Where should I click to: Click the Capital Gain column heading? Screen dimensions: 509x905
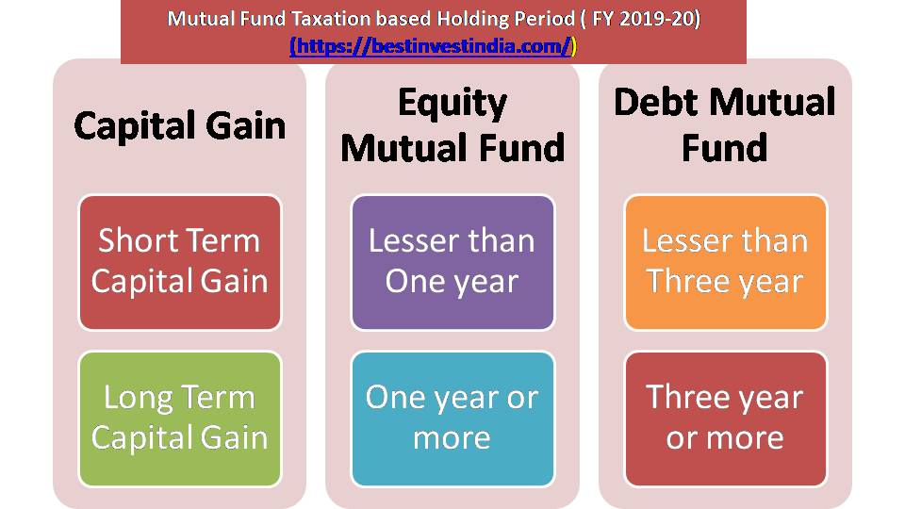[x=179, y=125]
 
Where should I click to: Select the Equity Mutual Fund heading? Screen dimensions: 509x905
[x=452, y=125]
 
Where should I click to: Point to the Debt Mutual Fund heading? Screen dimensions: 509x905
[x=724, y=125]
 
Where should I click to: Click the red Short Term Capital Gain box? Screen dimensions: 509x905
[x=179, y=262]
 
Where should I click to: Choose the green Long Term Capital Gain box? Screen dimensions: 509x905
[x=179, y=418]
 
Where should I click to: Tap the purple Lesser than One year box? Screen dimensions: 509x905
[x=452, y=262]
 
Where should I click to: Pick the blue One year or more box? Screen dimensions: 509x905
[x=452, y=418]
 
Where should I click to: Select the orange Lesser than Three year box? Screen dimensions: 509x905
[x=724, y=262]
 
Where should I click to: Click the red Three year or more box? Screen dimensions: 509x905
[x=724, y=418]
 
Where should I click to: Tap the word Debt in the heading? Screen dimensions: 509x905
[x=657, y=103]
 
